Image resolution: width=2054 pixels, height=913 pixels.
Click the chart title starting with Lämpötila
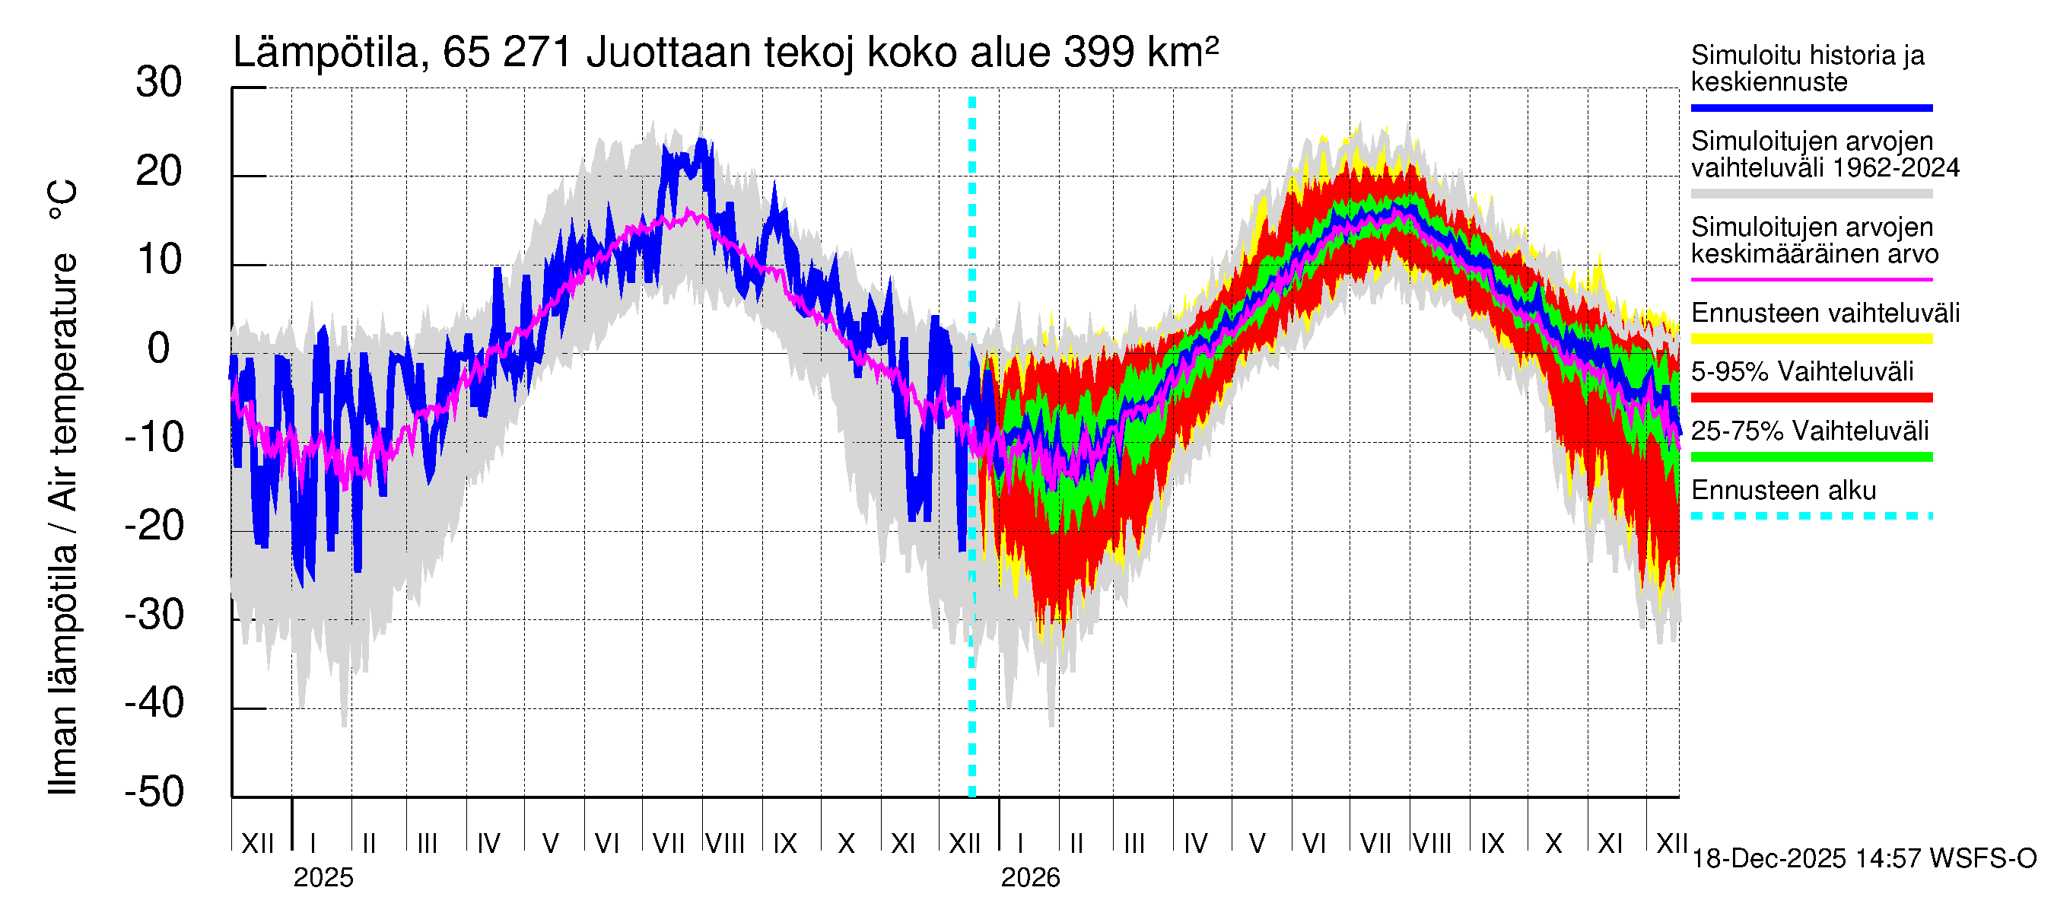(726, 52)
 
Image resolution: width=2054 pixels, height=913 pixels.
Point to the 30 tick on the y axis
(159, 83)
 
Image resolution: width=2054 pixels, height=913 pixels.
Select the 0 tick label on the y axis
(159, 349)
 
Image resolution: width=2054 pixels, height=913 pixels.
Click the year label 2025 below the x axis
(323, 878)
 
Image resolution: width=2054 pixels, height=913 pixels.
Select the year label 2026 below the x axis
(1030, 878)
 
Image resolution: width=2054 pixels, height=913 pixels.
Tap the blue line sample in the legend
(1811, 107)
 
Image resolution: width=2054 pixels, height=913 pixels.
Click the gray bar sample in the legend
(1811, 194)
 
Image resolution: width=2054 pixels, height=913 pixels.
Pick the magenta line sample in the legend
(1811, 280)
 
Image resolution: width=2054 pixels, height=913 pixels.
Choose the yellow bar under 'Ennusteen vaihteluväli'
(1811, 339)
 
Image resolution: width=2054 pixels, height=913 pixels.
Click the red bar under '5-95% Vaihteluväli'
(1811, 397)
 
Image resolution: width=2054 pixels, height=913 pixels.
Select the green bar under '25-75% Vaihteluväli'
(1811, 457)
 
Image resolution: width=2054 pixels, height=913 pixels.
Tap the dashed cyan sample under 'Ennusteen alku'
(1811, 516)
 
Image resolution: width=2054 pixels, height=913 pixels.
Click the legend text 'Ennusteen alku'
(1783, 491)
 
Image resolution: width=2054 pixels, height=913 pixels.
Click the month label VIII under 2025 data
(726, 844)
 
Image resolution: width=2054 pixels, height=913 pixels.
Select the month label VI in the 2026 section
(1314, 844)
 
